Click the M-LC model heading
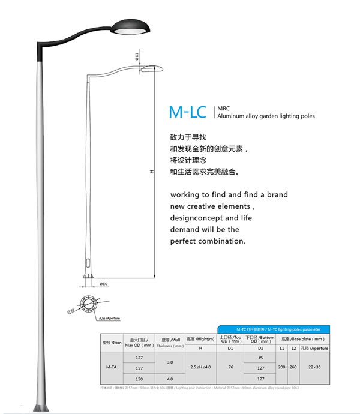(187, 112)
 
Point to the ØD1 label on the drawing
(137, 56)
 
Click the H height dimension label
(152, 172)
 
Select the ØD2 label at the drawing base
(103, 284)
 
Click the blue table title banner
(274, 329)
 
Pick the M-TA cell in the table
(111, 367)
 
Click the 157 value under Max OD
(139, 368)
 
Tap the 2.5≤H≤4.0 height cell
(200, 367)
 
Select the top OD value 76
(230, 367)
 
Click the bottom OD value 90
(261, 357)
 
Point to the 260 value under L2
(293, 367)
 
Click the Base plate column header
(304, 339)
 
